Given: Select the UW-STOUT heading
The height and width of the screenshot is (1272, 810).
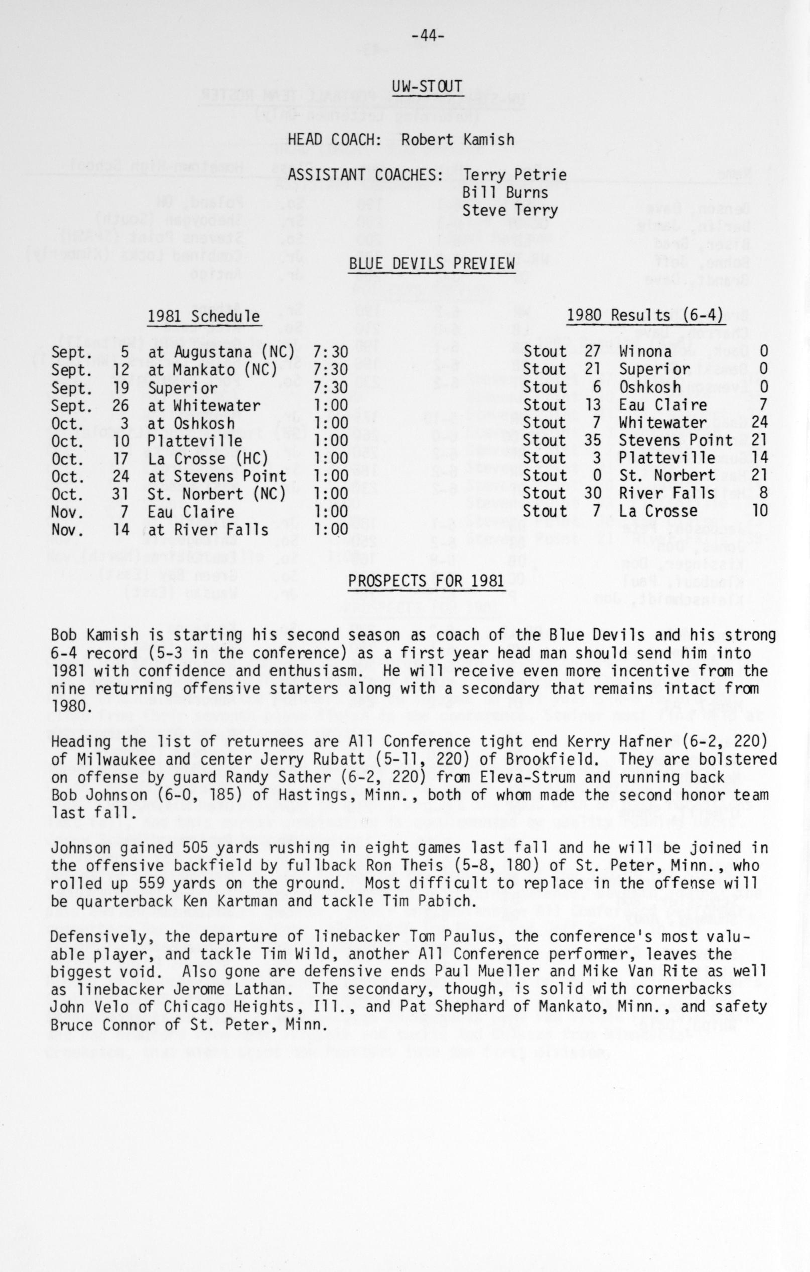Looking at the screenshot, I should click(427, 87).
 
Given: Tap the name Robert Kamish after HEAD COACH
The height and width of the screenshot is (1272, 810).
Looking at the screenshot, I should click(457, 140).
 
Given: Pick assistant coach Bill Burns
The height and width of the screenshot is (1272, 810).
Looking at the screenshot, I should click(505, 193).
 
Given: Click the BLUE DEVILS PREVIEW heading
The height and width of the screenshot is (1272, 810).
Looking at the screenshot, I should click(432, 263).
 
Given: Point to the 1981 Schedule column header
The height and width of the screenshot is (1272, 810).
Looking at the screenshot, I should click(203, 316).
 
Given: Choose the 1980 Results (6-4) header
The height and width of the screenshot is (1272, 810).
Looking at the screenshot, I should click(645, 315).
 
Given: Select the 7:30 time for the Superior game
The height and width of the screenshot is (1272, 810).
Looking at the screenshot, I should click(331, 388).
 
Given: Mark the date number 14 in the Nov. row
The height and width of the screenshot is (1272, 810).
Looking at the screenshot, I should click(121, 529).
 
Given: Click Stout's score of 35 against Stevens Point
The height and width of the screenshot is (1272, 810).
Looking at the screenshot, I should click(593, 441).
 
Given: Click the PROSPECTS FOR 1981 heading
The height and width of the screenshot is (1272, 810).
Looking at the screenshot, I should click(426, 581).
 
